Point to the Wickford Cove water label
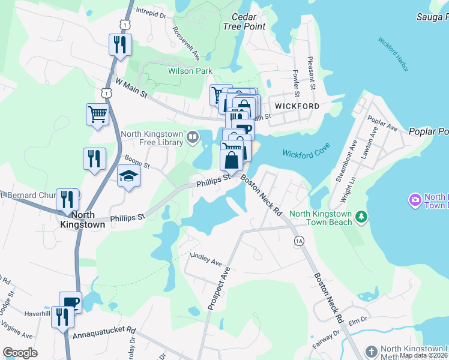click(304, 154)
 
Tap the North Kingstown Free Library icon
click(193, 137)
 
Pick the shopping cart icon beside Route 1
click(97, 113)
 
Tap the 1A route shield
click(300, 241)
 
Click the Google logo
click(20, 353)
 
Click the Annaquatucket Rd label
click(106, 331)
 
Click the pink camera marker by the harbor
click(414, 199)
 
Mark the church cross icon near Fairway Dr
click(372, 350)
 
